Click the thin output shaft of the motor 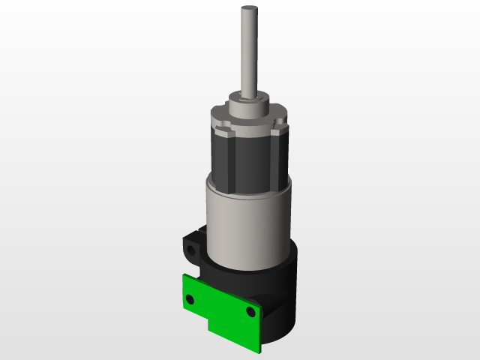[x=249, y=52]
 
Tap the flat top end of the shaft [x=249, y=9]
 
